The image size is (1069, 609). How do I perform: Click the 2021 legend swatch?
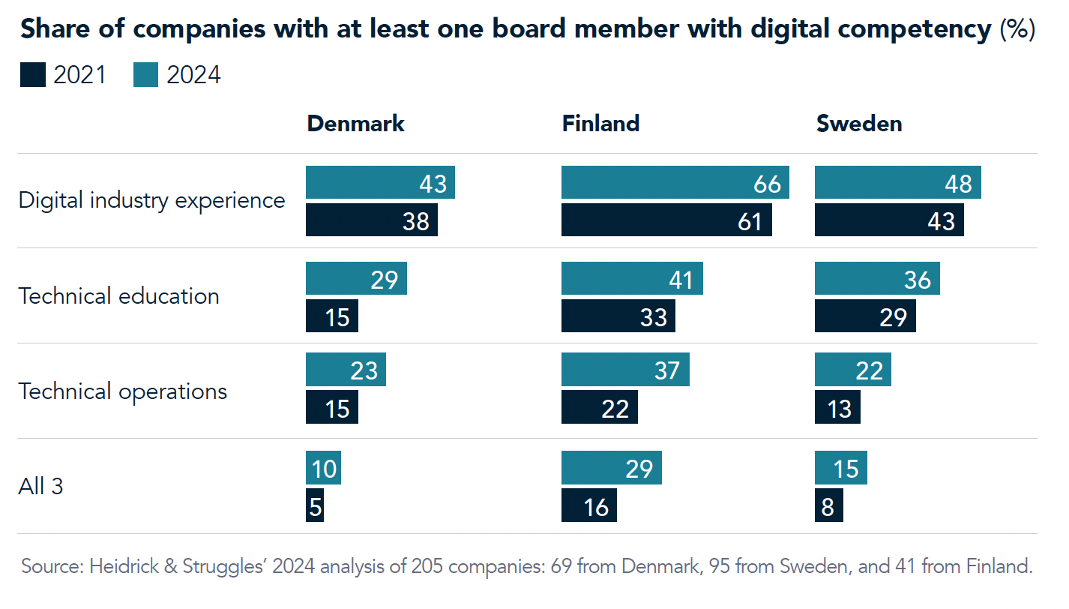point(32,75)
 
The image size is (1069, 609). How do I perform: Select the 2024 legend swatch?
point(145,75)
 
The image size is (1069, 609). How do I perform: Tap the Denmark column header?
point(355,124)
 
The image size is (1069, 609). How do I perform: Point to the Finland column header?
point(600,124)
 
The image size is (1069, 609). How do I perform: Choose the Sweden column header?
point(858,124)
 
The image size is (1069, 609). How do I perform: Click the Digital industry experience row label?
point(151,201)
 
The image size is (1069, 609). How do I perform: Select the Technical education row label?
point(118,296)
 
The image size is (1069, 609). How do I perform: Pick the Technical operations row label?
point(122,391)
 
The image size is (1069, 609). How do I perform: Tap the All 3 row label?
point(40,487)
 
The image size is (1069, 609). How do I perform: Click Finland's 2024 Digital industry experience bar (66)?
point(675,183)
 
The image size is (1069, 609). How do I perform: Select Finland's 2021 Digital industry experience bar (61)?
point(666,220)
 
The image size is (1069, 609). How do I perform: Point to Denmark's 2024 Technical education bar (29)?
point(356,278)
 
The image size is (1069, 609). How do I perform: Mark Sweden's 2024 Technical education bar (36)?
point(876,278)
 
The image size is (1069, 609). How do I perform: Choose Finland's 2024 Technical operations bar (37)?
point(624,370)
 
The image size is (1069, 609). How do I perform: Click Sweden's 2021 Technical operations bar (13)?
point(837,407)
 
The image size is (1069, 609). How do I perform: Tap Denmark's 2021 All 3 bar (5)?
point(315,505)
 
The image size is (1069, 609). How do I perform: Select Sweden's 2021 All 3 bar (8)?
point(828,505)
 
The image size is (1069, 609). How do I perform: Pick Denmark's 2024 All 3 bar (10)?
point(323,469)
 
